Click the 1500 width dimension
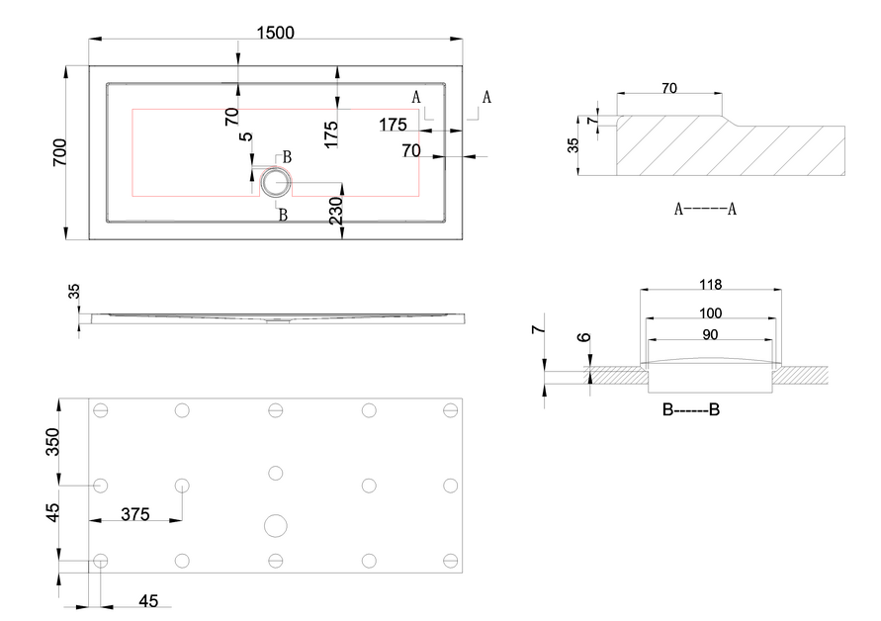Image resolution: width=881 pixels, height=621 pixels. [275, 33]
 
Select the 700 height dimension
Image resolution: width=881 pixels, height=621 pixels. [59, 152]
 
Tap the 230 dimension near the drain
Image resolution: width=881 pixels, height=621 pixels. [335, 211]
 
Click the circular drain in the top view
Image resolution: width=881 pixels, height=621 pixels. [275, 182]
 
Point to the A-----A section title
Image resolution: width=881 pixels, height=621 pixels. [705, 209]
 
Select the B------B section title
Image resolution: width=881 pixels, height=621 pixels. [690, 409]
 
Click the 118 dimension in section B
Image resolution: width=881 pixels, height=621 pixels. [710, 285]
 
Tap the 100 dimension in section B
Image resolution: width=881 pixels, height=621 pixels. [710, 313]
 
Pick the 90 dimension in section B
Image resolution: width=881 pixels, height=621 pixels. [710, 335]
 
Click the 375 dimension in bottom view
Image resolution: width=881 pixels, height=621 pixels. [135, 514]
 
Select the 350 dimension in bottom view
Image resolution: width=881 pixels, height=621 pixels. [52, 442]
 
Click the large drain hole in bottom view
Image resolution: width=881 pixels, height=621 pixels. [275, 526]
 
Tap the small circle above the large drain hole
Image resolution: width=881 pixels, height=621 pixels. [275, 474]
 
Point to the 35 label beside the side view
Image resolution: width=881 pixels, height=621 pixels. [74, 292]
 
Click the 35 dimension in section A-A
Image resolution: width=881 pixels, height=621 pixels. [573, 145]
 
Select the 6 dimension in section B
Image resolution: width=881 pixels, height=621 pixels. [584, 337]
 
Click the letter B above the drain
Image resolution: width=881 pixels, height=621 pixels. [287, 157]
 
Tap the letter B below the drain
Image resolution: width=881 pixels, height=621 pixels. [283, 216]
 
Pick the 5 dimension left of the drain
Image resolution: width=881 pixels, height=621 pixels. [246, 137]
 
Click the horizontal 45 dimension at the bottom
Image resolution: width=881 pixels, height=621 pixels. [148, 601]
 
